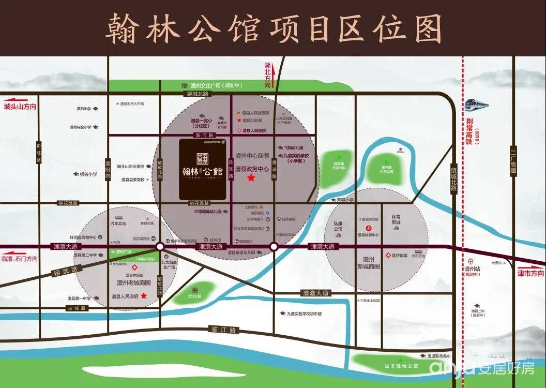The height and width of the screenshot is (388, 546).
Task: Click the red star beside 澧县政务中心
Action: [x=251, y=178]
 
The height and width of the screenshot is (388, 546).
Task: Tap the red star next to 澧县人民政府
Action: [x=144, y=296]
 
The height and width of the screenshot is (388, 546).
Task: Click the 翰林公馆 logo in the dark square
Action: [x=202, y=168]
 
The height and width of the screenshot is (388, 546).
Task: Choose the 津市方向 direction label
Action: [x=530, y=273]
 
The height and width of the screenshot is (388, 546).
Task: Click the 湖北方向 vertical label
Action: [x=267, y=76]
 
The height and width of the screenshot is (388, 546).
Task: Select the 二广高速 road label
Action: [x=513, y=160]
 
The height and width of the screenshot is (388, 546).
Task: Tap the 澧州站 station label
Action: [x=471, y=269]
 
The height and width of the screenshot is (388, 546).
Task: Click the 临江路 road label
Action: [x=223, y=329]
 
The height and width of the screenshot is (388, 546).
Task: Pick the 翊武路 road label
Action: [x=63, y=271]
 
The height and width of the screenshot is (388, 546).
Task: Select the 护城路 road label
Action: [x=38, y=154]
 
